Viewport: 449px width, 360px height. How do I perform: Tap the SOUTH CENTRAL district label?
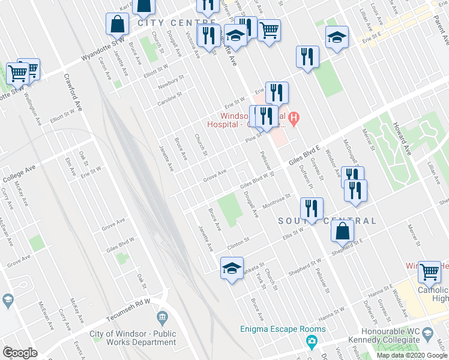(327, 221)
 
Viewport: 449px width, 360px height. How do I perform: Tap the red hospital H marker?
(294, 118)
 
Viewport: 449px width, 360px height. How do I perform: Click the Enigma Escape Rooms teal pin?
(311, 343)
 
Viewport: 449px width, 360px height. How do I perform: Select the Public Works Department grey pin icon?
(161, 317)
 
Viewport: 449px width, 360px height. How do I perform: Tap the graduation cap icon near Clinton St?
(231, 268)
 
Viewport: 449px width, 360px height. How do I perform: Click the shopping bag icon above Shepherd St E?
(342, 230)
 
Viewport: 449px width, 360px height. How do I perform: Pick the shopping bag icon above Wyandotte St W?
(117, 24)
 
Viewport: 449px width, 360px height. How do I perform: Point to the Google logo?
(20, 352)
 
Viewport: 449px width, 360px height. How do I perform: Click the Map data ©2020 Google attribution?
(412, 355)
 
